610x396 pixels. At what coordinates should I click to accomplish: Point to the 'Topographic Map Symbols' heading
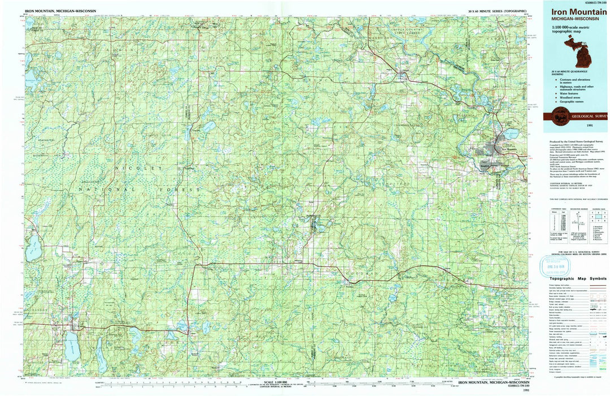(x=574, y=278)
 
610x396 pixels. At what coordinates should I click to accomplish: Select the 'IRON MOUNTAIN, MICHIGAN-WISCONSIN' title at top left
(x=60, y=11)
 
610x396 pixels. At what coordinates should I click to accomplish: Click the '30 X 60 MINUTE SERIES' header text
(x=497, y=11)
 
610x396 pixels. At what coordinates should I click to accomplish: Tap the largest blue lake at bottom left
(x=72, y=346)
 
